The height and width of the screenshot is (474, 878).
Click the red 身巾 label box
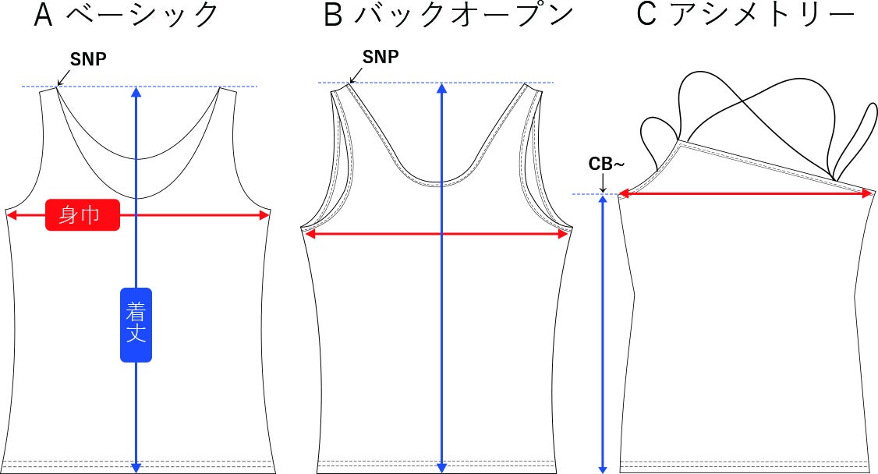click(x=83, y=215)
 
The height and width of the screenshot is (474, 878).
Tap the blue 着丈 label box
click(x=136, y=324)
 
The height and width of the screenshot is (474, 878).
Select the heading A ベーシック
click(x=126, y=15)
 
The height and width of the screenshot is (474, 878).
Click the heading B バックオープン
click(x=448, y=15)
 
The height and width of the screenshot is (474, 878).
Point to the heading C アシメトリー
click(x=746, y=15)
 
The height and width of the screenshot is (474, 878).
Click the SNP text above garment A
click(x=88, y=59)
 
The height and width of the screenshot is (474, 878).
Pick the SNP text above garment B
click(x=381, y=57)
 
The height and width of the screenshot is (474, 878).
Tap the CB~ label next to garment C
click(x=607, y=164)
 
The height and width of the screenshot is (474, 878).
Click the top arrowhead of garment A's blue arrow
click(x=136, y=92)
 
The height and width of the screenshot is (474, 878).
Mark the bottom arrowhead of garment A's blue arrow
click(x=136, y=468)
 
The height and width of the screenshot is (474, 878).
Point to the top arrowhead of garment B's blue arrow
click(x=442, y=88)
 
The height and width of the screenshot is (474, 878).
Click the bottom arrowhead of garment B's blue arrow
click(x=442, y=468)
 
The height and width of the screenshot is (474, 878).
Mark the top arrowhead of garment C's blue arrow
click(x=603, y=200)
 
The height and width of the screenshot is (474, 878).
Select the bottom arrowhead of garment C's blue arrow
click(x=603, y=469)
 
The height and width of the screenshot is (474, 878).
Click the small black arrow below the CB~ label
click(x=603, y=183)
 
